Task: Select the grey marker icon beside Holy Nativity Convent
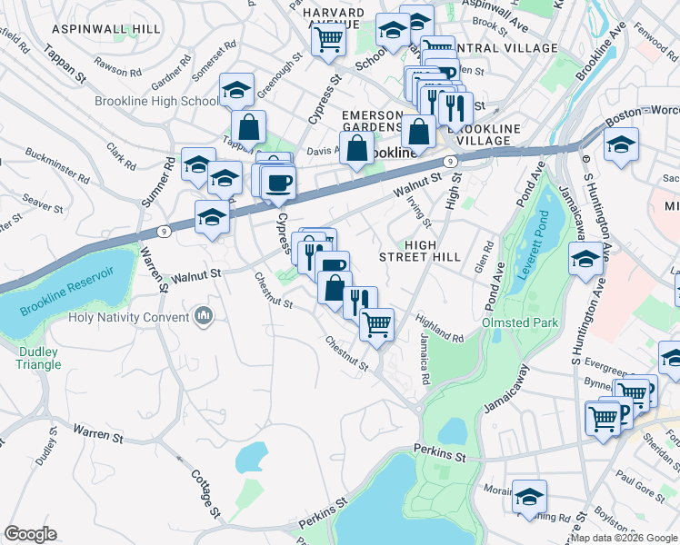pyautogui.click(x=203, y=316)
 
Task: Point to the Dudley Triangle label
pyautogui.click(x=37, y=358)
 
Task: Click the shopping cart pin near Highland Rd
pyautogui.click(x=376, y=323)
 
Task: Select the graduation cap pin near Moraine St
pyautogui.click(x=530, y=495)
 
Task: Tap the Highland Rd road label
pyautogui.click(x=441, y=330)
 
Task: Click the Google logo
pyautogui.click(x=30, y=534)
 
